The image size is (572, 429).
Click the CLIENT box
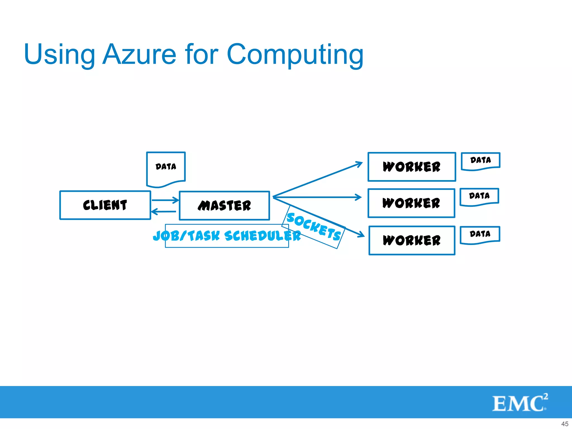pos(105,205)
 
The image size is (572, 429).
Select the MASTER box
pos(224,206)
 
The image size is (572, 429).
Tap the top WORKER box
pos(412,167)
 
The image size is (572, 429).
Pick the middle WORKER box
pos(411,203)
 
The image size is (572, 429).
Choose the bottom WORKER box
pos(412,240)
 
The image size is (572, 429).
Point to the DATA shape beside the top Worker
pos(480,161)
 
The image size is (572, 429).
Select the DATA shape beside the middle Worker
pos(479,196)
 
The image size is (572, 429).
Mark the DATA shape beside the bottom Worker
pos(480,234)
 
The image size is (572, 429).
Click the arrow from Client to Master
pos(165,200)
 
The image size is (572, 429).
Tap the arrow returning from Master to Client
pos(164,212)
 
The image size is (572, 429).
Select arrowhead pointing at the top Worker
pos(359,163)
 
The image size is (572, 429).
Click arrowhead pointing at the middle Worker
pos(359,197)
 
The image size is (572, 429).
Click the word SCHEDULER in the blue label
pos(263,236)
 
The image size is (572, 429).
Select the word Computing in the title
pos(295,55)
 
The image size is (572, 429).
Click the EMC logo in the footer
pos(520,403)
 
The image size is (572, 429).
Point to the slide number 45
pos(564,424)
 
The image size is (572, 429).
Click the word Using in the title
pos(59,55)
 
